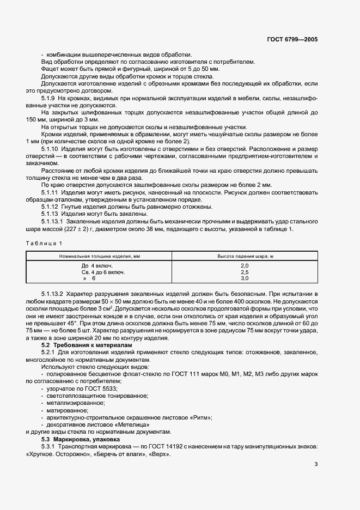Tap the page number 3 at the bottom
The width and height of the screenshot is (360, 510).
tap(316, 464)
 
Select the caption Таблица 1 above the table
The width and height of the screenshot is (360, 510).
tap(44, 242)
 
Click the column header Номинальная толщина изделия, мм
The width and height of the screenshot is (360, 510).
tap(99, 256)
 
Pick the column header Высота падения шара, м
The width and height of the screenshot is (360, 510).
tap(244, 256)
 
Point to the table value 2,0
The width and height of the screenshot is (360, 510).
tap(244, 265)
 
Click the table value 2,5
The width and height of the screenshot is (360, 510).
tap(244, 271)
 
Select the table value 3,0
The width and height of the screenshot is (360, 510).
tap(244, 278)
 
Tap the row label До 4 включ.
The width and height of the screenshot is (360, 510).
tap(96, 265)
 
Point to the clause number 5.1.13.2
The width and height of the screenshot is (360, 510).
tap(53, 294)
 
